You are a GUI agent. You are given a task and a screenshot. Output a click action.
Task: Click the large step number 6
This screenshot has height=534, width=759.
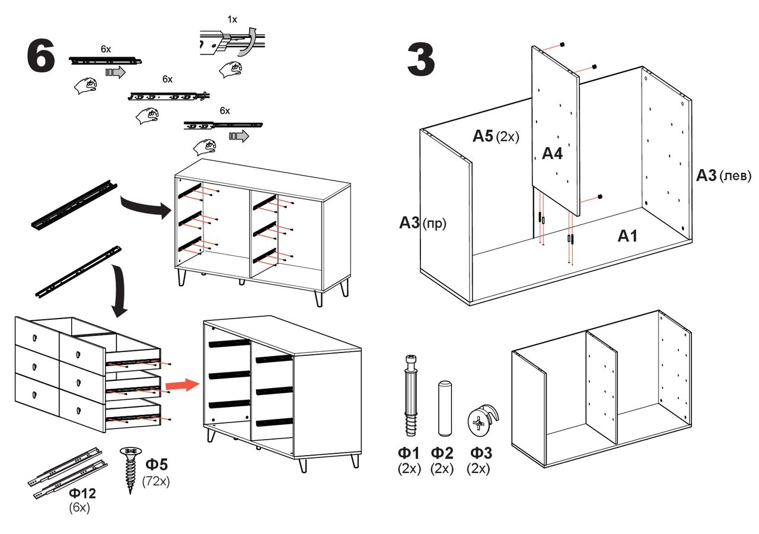tap(41, 58)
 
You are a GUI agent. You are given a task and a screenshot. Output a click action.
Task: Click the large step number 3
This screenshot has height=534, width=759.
tap(421, 61)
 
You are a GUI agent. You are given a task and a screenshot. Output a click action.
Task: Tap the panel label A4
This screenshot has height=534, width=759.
tap(551, 154)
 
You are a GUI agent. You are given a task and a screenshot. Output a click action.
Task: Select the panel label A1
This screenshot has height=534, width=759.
tap(627, 236)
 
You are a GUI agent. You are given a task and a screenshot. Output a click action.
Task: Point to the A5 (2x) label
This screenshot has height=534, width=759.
tap(495, 136)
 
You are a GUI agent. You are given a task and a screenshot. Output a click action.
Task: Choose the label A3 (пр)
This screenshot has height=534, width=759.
tap(422, 224)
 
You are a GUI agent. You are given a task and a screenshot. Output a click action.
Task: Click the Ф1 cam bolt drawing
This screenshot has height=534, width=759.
tap(410, 395)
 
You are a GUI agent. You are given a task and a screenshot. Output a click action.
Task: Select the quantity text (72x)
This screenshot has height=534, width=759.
tap(157, 481)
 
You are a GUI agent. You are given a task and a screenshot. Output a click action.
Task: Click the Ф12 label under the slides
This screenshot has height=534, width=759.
tap(82, 494)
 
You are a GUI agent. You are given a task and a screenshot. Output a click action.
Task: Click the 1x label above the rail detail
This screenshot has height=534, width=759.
tap(232, 19)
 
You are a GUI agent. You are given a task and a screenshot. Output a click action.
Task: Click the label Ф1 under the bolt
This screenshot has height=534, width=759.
tap(409, 454)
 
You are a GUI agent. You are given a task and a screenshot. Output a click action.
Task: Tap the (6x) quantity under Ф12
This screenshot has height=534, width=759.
tap(79, 508)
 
